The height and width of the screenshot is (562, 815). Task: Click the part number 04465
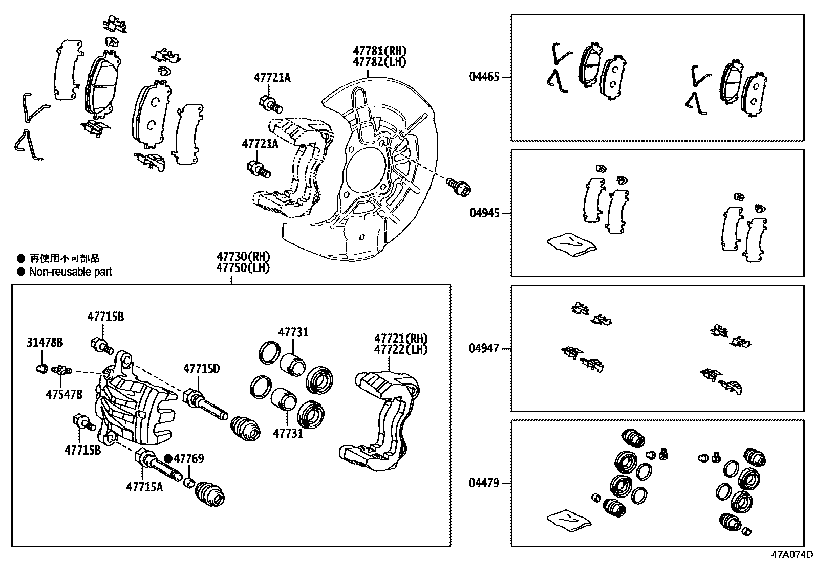[484, 78]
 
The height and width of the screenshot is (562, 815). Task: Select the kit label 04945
[484, 213]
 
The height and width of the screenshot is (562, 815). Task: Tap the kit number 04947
[484, 349]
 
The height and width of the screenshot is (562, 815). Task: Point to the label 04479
[484, 483]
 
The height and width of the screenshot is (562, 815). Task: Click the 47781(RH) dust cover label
[379, 51]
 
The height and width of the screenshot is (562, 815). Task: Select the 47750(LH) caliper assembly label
[243, 267]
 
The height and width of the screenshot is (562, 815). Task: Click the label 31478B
[45, 343]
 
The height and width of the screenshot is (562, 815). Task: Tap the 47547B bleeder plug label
[63, 394]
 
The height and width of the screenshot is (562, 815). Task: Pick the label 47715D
[202, 368]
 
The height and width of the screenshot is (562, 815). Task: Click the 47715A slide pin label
[144, 486]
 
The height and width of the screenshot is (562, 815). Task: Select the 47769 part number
[189, 459]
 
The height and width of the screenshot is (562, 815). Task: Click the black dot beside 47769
[168, 459]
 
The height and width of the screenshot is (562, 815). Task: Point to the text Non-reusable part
[70, 272]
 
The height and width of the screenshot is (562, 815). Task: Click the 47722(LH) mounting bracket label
[400, 350]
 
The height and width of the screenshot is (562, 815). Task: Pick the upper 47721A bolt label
[272, 78]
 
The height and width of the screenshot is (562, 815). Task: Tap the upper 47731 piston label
[293, 332]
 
